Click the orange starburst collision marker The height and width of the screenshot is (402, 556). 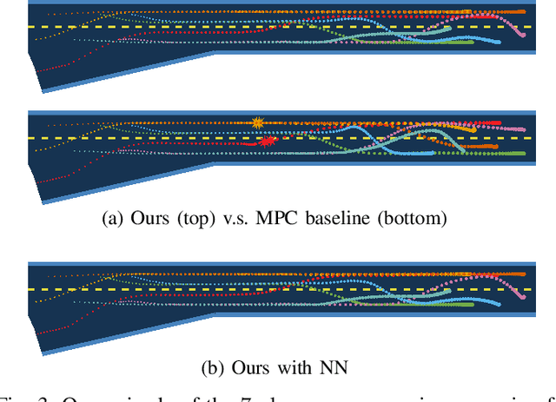256,122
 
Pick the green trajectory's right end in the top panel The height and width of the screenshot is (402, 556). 472,42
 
